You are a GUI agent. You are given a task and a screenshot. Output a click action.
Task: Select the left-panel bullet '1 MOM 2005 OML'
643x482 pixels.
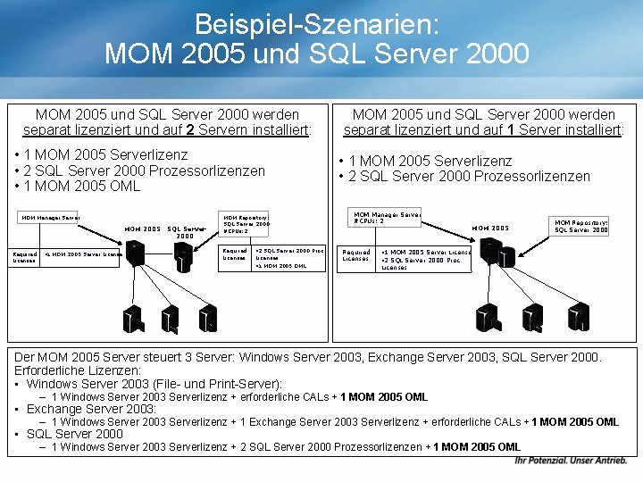point(79,186)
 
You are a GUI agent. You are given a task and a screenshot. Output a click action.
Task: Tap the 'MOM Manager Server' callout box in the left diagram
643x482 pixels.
point(50,218)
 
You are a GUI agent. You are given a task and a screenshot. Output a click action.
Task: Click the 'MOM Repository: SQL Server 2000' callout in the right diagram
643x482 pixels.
point(581,226)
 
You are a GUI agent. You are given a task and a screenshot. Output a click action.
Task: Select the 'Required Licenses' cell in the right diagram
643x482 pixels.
point(356,256)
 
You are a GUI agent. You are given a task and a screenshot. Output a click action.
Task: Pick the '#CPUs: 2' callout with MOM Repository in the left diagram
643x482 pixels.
point(246,224)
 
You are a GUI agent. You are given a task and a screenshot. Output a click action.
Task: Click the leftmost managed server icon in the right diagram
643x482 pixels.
point(486,317)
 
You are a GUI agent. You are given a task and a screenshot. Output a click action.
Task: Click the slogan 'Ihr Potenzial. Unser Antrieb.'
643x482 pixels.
point(571,461)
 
